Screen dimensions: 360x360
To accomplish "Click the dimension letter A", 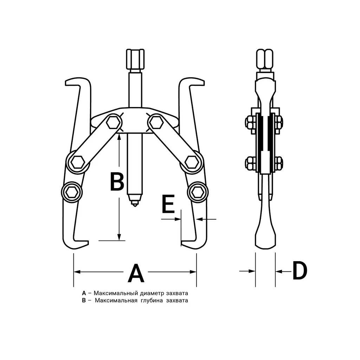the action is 136,273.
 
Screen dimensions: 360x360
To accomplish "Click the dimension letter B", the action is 117,182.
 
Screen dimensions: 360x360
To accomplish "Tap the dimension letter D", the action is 300,271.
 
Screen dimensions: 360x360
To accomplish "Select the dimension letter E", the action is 168,204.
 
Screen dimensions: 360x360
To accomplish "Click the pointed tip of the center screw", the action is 134,205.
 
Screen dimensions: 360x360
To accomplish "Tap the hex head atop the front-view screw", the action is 135,59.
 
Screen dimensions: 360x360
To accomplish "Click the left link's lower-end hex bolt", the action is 77,162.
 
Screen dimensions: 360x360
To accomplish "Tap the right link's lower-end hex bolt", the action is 192,162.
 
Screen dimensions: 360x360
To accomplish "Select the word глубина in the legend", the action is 152,300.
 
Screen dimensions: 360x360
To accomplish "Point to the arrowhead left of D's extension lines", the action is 252,271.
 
